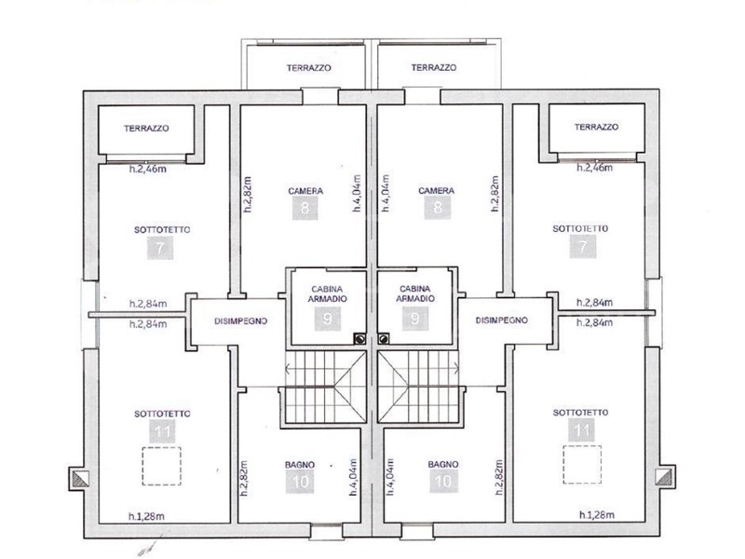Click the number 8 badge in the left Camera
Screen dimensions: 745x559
pos(305,208)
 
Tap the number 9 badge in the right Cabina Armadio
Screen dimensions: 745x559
pos(414,319)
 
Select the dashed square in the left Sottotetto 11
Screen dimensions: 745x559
pos(161,466)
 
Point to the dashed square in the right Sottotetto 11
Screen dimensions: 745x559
pos(582,464)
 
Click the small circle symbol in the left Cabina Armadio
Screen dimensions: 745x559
pos(360,339)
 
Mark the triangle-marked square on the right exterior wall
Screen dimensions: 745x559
pos(665,477)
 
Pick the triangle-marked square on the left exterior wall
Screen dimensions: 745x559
pos(79,479)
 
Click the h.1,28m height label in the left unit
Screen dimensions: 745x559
pos(147,516)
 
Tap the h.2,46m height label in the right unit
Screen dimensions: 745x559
pos(594,168)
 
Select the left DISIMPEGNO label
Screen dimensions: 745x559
pos(241,321)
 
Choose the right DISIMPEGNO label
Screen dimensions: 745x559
pos(501,320)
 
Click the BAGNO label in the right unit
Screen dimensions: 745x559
pos(443,464)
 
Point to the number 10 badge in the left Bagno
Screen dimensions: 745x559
pos(300,482)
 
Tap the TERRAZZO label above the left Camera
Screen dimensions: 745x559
pos(309,68)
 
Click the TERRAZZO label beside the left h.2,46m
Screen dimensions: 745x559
pos(146,129)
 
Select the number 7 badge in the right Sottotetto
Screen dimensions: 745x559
pos(583,246)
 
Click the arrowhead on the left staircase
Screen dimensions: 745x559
pos(288,368)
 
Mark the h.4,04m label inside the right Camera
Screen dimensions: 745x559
pos(386,193)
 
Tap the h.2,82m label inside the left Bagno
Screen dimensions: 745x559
pos(244,478)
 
